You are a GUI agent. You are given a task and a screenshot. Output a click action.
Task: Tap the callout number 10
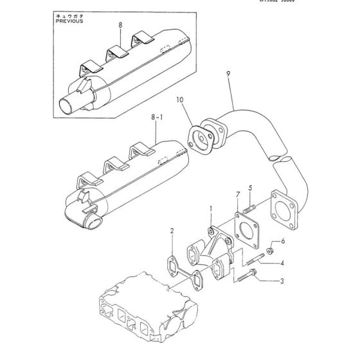[180, 101]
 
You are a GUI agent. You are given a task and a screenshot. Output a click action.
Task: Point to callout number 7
[237, 195]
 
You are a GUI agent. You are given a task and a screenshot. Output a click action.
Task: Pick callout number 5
[251, 188]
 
